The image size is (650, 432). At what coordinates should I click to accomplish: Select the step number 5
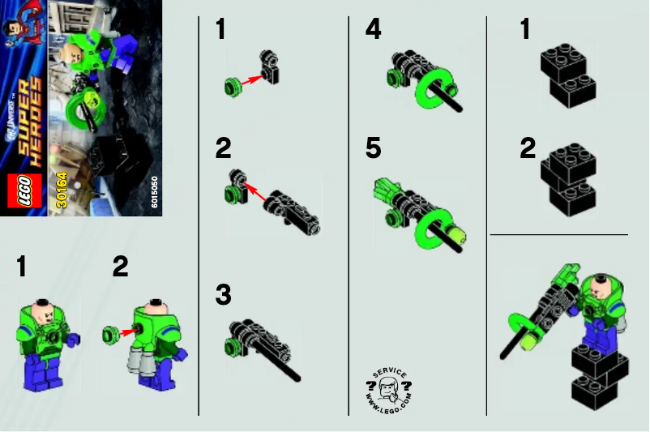[x=373, y=149]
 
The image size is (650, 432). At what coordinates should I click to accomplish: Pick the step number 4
[x=373, y=30]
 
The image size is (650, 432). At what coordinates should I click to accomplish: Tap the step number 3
[x=223, y=294]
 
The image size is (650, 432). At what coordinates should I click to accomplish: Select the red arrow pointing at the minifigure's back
[x=127, y=331]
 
